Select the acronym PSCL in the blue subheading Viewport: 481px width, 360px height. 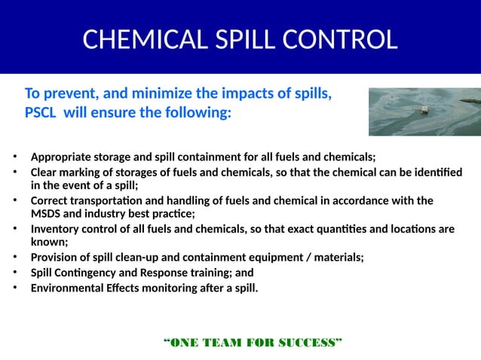coord(40,114)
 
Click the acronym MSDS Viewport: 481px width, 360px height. coord(45,214)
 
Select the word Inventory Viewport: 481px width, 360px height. coord(56,229)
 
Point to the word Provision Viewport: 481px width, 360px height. coord(54,258)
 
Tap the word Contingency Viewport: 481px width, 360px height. coord(84,272)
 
